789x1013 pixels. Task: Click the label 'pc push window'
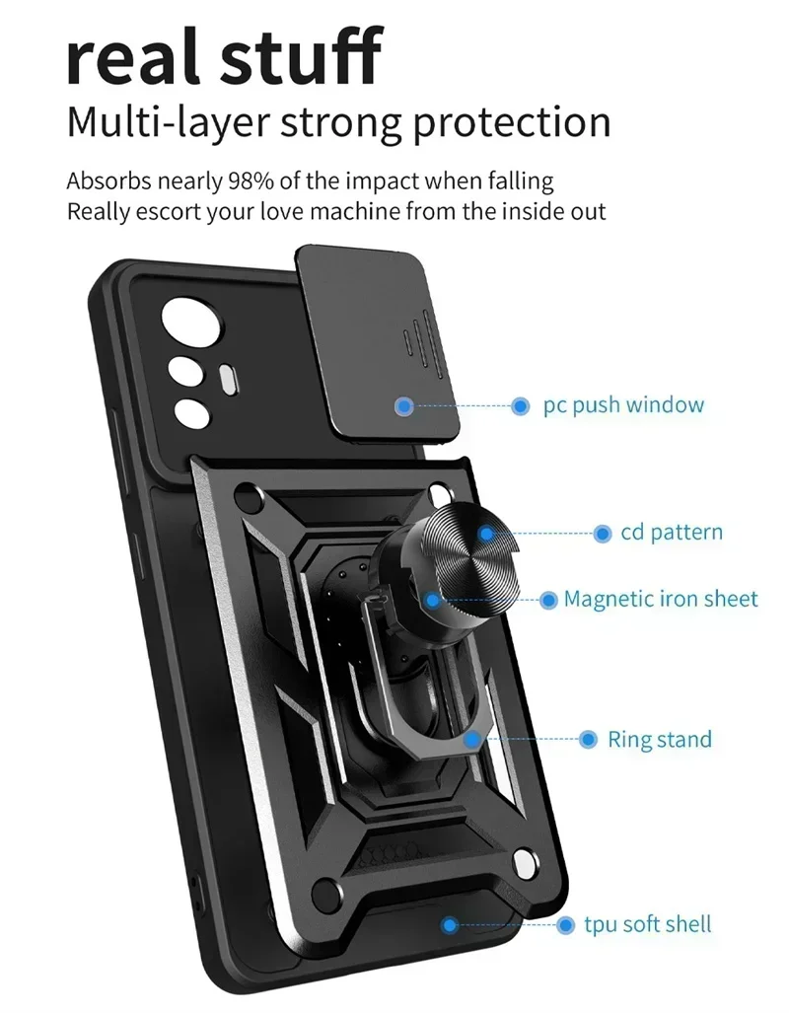[623, 405]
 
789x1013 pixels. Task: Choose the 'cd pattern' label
[671, 533]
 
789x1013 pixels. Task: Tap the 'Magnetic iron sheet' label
[661, 599]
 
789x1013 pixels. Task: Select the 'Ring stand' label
[659, 739]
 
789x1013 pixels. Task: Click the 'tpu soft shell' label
[648, 924]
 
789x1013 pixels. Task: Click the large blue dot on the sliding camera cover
[402, 405]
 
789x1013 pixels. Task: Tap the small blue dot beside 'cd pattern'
[601, 534]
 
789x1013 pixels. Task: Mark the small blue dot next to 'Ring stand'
[589, 739]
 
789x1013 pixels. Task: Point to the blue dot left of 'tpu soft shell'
[565, 925]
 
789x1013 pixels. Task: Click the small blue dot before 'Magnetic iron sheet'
[549, 600]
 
